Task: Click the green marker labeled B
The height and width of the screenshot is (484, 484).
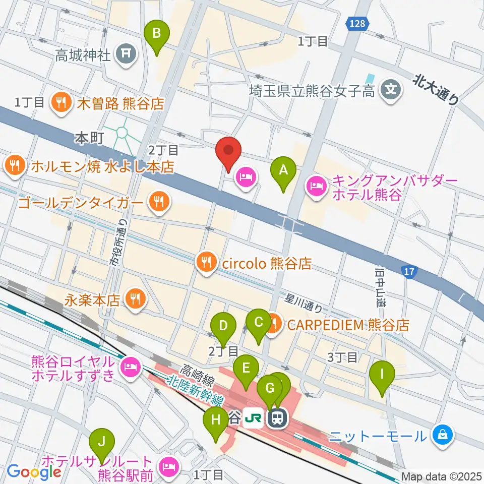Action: click(x=157, y=34)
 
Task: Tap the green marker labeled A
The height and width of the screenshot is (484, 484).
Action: click(x=283, y=170)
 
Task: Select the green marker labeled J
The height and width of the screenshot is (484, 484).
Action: click(x=102, y=442)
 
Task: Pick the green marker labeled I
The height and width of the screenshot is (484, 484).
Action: click(x=382, y=375)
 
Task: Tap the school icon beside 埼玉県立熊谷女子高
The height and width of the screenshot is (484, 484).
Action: click(x=391, y=90)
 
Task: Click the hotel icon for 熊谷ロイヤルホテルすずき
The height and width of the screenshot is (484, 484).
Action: click(x=129, y=367)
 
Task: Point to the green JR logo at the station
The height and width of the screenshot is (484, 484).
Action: click(x=254, y=417)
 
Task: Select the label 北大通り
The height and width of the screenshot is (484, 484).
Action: click(x=437, y=89)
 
